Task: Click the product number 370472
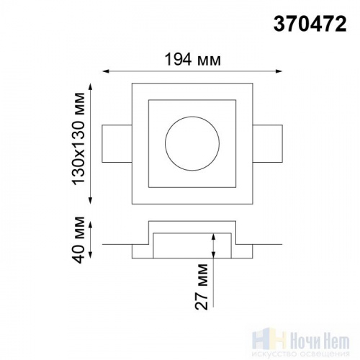point(310,24)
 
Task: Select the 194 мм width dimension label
point(192,60)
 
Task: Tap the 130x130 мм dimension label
point(78,138)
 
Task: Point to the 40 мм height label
point(78,240)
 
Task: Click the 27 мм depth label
point(201,287)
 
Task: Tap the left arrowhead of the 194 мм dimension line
point(106,71)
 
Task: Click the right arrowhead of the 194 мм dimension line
point(279,71)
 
